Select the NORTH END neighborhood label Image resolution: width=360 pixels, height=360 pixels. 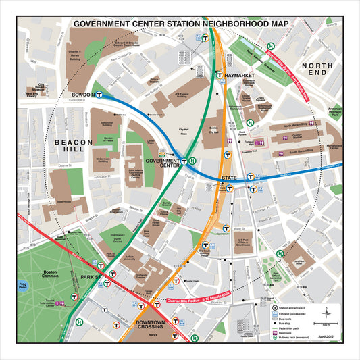(x=317, y=68)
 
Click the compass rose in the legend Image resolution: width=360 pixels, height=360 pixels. (x=326, y=312)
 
